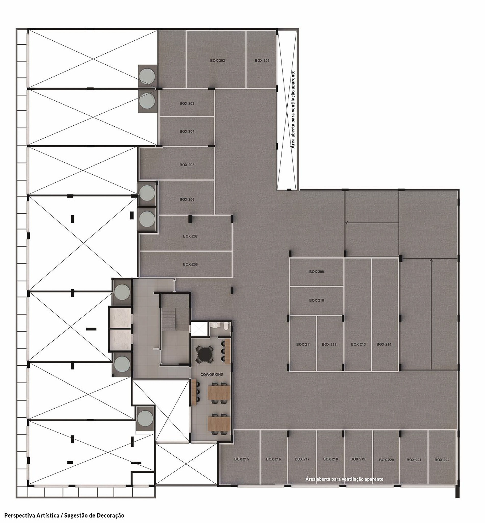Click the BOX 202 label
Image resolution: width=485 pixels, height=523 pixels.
coord(217,61)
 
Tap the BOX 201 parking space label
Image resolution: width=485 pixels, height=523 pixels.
coord(262,61)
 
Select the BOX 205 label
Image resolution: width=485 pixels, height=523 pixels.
coord(187,165)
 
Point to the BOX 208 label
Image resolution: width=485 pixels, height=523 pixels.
coord(190,264)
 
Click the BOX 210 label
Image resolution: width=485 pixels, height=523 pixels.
coord(316,300)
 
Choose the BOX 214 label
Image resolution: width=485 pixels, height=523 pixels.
coord(384,344)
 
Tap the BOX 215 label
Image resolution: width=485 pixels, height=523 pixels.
coord(241,459)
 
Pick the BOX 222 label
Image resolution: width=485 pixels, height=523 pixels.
coord(442,460)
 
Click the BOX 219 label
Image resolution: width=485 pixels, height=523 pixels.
coord(358,459)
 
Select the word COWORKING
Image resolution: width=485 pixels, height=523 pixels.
coord(212,375)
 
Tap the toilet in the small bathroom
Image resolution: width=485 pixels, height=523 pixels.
coord(225,326)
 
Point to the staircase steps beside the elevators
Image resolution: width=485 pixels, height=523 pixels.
coord(168,319)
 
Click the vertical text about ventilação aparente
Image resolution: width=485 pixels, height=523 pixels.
coord(293,109)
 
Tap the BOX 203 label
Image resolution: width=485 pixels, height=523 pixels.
coord(187,103)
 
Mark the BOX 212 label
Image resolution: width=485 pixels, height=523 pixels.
coord(329,344)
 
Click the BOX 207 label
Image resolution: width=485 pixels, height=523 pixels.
coord(190,236)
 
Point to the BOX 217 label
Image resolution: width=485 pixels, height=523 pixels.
coord(302,459)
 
